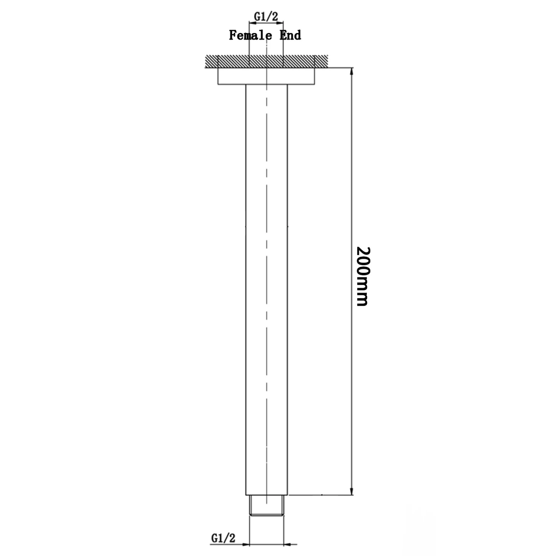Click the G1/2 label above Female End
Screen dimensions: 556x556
266,16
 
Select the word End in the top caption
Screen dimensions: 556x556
290,36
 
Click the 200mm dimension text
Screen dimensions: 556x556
363,276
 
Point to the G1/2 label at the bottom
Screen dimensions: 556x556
223,538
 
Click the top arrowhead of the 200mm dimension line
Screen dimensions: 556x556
352,71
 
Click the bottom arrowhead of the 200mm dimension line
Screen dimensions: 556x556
352,491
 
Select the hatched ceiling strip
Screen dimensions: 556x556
230,62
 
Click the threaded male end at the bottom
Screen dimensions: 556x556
267,505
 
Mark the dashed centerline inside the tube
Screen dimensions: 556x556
267,259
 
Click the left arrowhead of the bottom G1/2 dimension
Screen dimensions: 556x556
246,545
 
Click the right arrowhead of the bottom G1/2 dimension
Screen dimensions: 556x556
287,545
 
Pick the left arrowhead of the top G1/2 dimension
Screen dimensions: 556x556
251,23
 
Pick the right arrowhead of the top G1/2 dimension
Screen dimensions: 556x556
281,23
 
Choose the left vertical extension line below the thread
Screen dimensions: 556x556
249,530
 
